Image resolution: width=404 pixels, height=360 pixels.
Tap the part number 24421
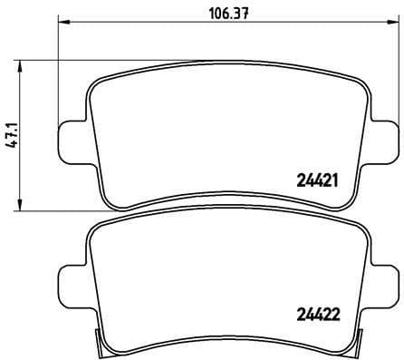(x=317, y=179)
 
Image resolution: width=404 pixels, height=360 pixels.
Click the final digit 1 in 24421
(x=335, y=179)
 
